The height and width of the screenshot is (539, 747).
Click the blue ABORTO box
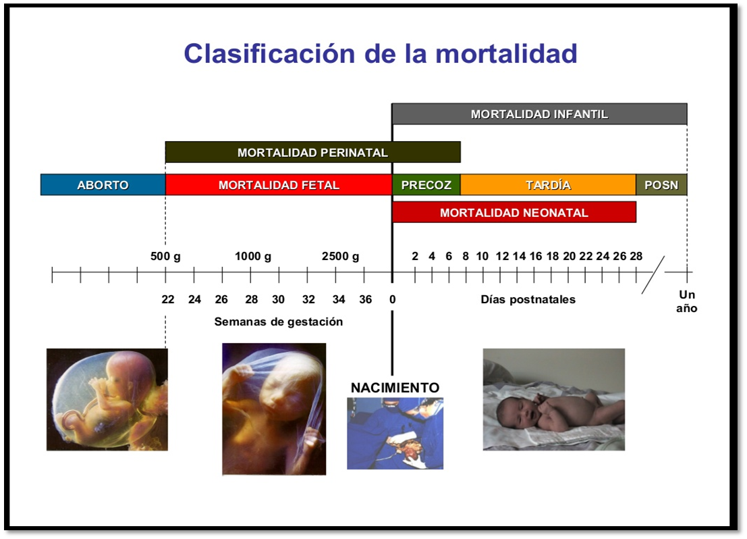pos(103,185)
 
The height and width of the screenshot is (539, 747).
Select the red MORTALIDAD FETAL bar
pos(279,185)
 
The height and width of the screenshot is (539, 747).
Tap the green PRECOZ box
pos(426,185)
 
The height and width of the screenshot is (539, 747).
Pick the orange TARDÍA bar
pos(548,185)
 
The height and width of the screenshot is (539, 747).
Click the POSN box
pos(661,185)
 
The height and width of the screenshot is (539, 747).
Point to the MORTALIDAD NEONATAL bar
pos(514,213)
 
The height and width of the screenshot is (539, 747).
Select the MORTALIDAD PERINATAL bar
pos(312,153)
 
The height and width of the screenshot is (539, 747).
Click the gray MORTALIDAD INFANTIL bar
pos(539,114)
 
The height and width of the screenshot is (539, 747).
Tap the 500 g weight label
pos(165,257)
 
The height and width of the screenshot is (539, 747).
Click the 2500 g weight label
pos(340,257)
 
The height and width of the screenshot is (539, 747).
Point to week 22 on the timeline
pos(168,299)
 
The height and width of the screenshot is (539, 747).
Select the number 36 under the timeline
pos(365,299)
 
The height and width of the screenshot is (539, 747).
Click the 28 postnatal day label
pos(636,257)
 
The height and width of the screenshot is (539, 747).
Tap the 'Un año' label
pos(687,302)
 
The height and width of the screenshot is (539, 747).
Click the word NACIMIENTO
pos(395,388)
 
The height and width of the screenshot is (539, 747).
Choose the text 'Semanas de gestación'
pos(278,322)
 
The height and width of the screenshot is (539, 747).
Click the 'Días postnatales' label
pos(528,299)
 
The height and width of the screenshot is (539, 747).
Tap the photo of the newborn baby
pos(553,399)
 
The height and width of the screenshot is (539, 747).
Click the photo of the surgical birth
pos(395,433)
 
